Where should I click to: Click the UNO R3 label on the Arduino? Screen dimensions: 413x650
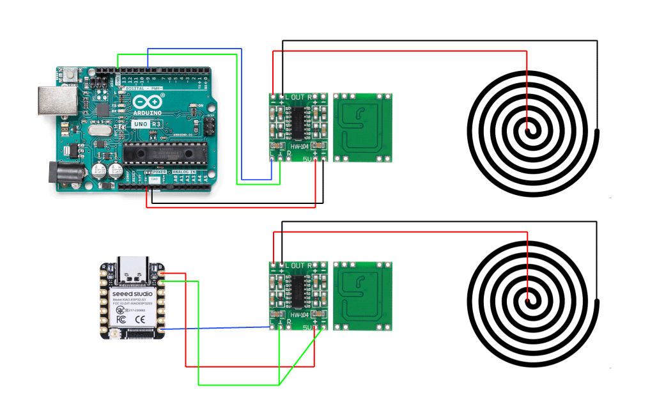tap(146, 123)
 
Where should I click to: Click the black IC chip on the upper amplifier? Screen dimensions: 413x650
tap(297, 122)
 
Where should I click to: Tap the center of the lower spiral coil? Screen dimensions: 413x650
tap(528, 299)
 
